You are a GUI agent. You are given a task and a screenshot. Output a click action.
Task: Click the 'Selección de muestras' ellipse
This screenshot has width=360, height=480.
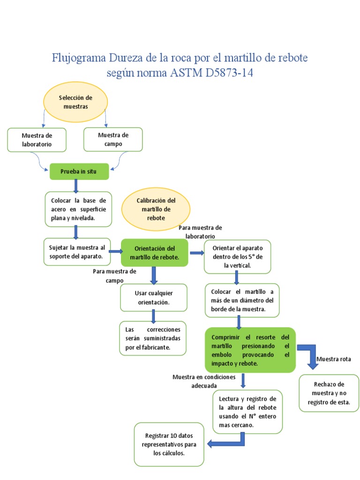pyautogui.click(x=75, y=102)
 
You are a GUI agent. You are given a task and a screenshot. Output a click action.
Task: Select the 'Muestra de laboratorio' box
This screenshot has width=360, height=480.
pyautogui.click(x=37, y=140)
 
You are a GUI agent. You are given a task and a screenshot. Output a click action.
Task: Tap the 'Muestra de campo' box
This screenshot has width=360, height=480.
pyautogui.click(x=113, y=139)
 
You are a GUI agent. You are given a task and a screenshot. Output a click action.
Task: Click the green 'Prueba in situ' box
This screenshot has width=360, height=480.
pyautogui.click(x=79, y=172)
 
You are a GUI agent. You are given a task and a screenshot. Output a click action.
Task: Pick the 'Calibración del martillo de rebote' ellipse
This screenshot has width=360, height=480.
pyautogui.click(x=156, y=209)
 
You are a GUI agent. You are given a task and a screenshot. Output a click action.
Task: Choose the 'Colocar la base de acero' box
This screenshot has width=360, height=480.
pyautogui.click(x=79, y=209)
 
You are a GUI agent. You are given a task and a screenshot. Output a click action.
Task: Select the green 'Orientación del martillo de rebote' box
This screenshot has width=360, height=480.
pyautogui.click(x=155, y=253)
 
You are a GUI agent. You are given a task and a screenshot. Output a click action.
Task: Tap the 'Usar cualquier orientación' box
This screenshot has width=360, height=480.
pyautogui.click(x=153, y=298)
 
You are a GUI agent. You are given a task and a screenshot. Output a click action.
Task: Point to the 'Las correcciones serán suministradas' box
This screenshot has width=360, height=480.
pyautogui.click(x=153, y=338)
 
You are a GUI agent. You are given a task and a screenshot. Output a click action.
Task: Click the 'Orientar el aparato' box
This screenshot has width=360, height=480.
pyautogui.click(x=237, y=256)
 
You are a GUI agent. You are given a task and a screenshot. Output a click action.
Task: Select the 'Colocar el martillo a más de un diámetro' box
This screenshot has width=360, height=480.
pyautogui.click(x=242, y=300)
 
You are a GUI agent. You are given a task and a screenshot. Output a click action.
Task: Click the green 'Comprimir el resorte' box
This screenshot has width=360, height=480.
pyautogui.click(x=250, y=350)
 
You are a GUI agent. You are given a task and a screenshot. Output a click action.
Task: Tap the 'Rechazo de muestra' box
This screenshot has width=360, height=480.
pyautogui.click(x=329, y=393)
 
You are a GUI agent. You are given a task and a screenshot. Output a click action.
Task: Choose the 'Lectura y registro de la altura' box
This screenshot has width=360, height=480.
pyautogui.click(x=247, y=412)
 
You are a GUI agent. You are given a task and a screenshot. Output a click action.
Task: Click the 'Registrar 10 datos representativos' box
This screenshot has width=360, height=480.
pyautogui.click(x=169, y=444)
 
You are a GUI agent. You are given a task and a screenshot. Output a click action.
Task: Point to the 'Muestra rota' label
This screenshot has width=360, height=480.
pyautogui.click(x=333, y=359)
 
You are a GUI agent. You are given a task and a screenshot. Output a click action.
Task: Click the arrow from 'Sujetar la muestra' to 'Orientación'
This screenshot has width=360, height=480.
pyautogui.click(x=115, y=252)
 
